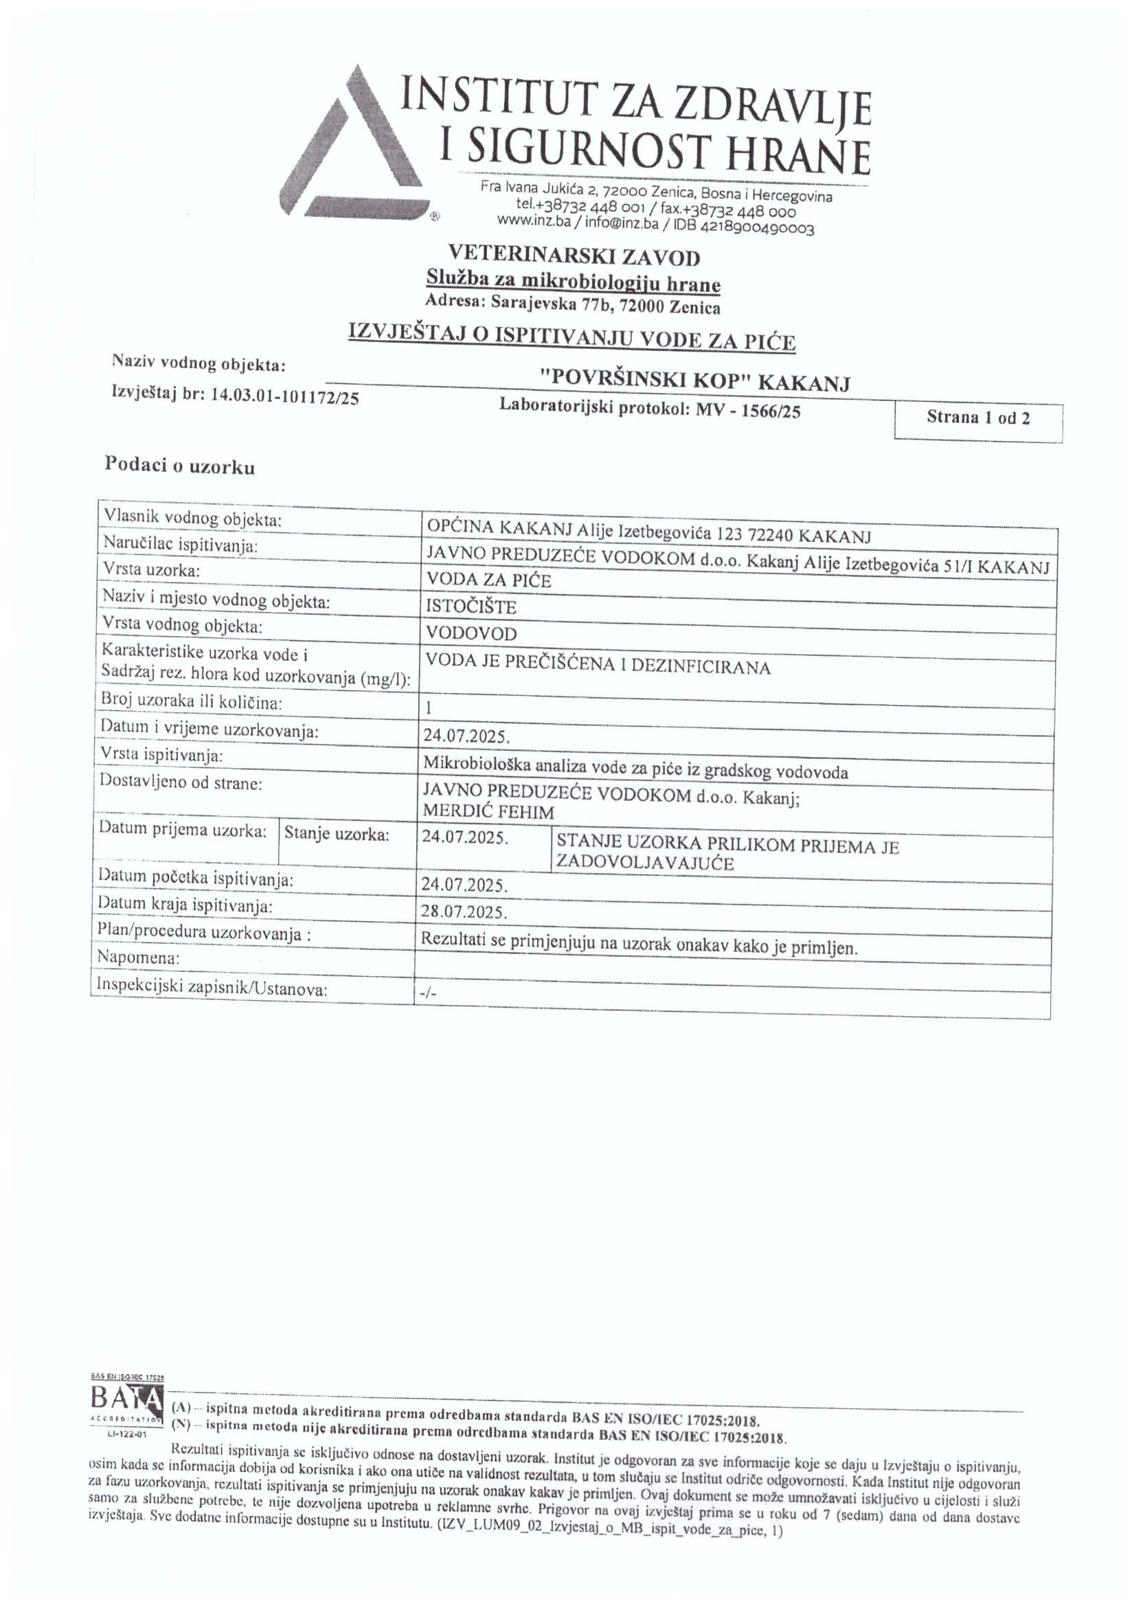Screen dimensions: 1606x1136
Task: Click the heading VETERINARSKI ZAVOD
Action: coord(573,256)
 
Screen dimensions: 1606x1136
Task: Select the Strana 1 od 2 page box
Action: coord(978,419)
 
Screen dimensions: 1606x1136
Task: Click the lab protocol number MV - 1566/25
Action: coord(748,410)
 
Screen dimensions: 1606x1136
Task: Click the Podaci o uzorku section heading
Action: coord(180,466)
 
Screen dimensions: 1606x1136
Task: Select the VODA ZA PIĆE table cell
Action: coord(489,580)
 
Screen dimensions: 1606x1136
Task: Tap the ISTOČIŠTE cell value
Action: coord(471,607)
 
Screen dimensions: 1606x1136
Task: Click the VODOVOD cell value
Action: coord(471,634)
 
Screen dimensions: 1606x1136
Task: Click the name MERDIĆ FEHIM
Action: coord(488,813)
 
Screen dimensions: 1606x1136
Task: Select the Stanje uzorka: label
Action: coord(337,834)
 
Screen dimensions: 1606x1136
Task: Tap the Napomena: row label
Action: coord(139,958)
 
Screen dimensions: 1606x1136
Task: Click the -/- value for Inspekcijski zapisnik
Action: coord(428,993)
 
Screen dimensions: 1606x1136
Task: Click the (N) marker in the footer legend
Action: coord(181,1425)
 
